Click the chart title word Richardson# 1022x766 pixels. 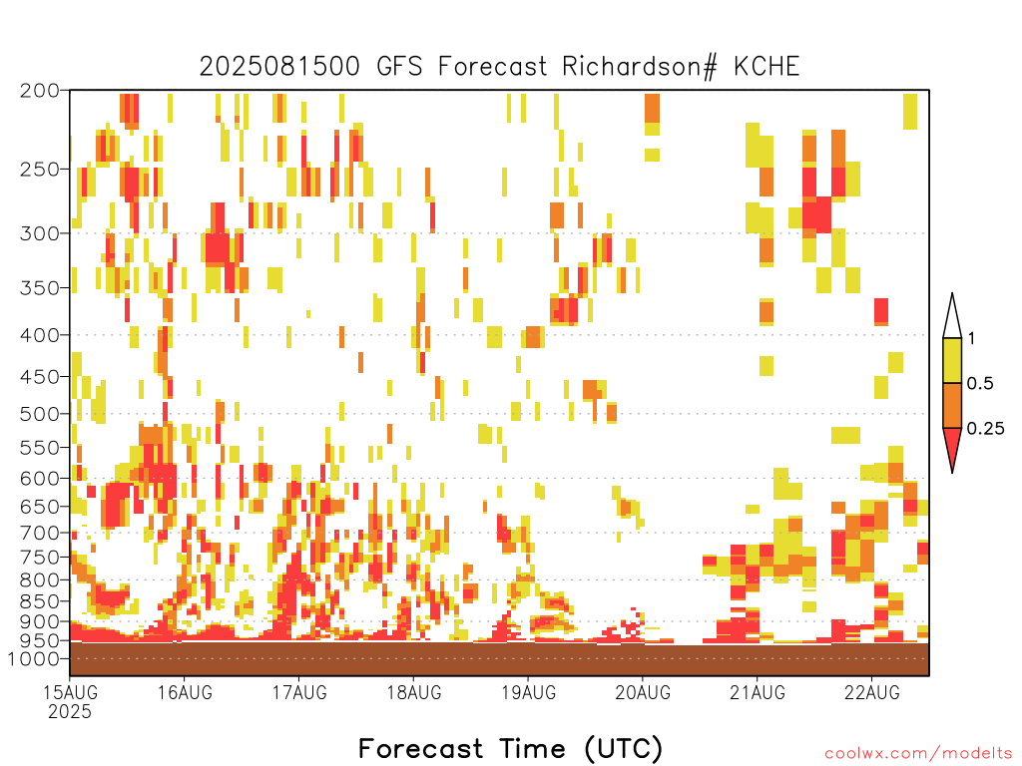639,67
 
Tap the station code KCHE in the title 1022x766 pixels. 766,67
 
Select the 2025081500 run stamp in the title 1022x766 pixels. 279,67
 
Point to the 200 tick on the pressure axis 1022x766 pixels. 39,91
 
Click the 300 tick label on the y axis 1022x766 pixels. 39,233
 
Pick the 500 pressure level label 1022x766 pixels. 39,414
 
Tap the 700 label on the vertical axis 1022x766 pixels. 39,533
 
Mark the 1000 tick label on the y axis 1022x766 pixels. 33,658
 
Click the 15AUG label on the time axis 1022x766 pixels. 71,692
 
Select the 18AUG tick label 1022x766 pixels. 414,692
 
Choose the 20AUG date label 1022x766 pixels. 643,692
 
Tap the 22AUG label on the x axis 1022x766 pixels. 872,692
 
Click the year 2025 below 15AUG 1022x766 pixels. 70,712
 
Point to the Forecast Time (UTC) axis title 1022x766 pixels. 510,749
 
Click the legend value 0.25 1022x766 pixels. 985,429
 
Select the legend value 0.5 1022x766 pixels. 980,384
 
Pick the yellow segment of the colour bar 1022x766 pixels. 952,360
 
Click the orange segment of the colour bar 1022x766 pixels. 952,405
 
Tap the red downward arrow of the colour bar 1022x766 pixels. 952,446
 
